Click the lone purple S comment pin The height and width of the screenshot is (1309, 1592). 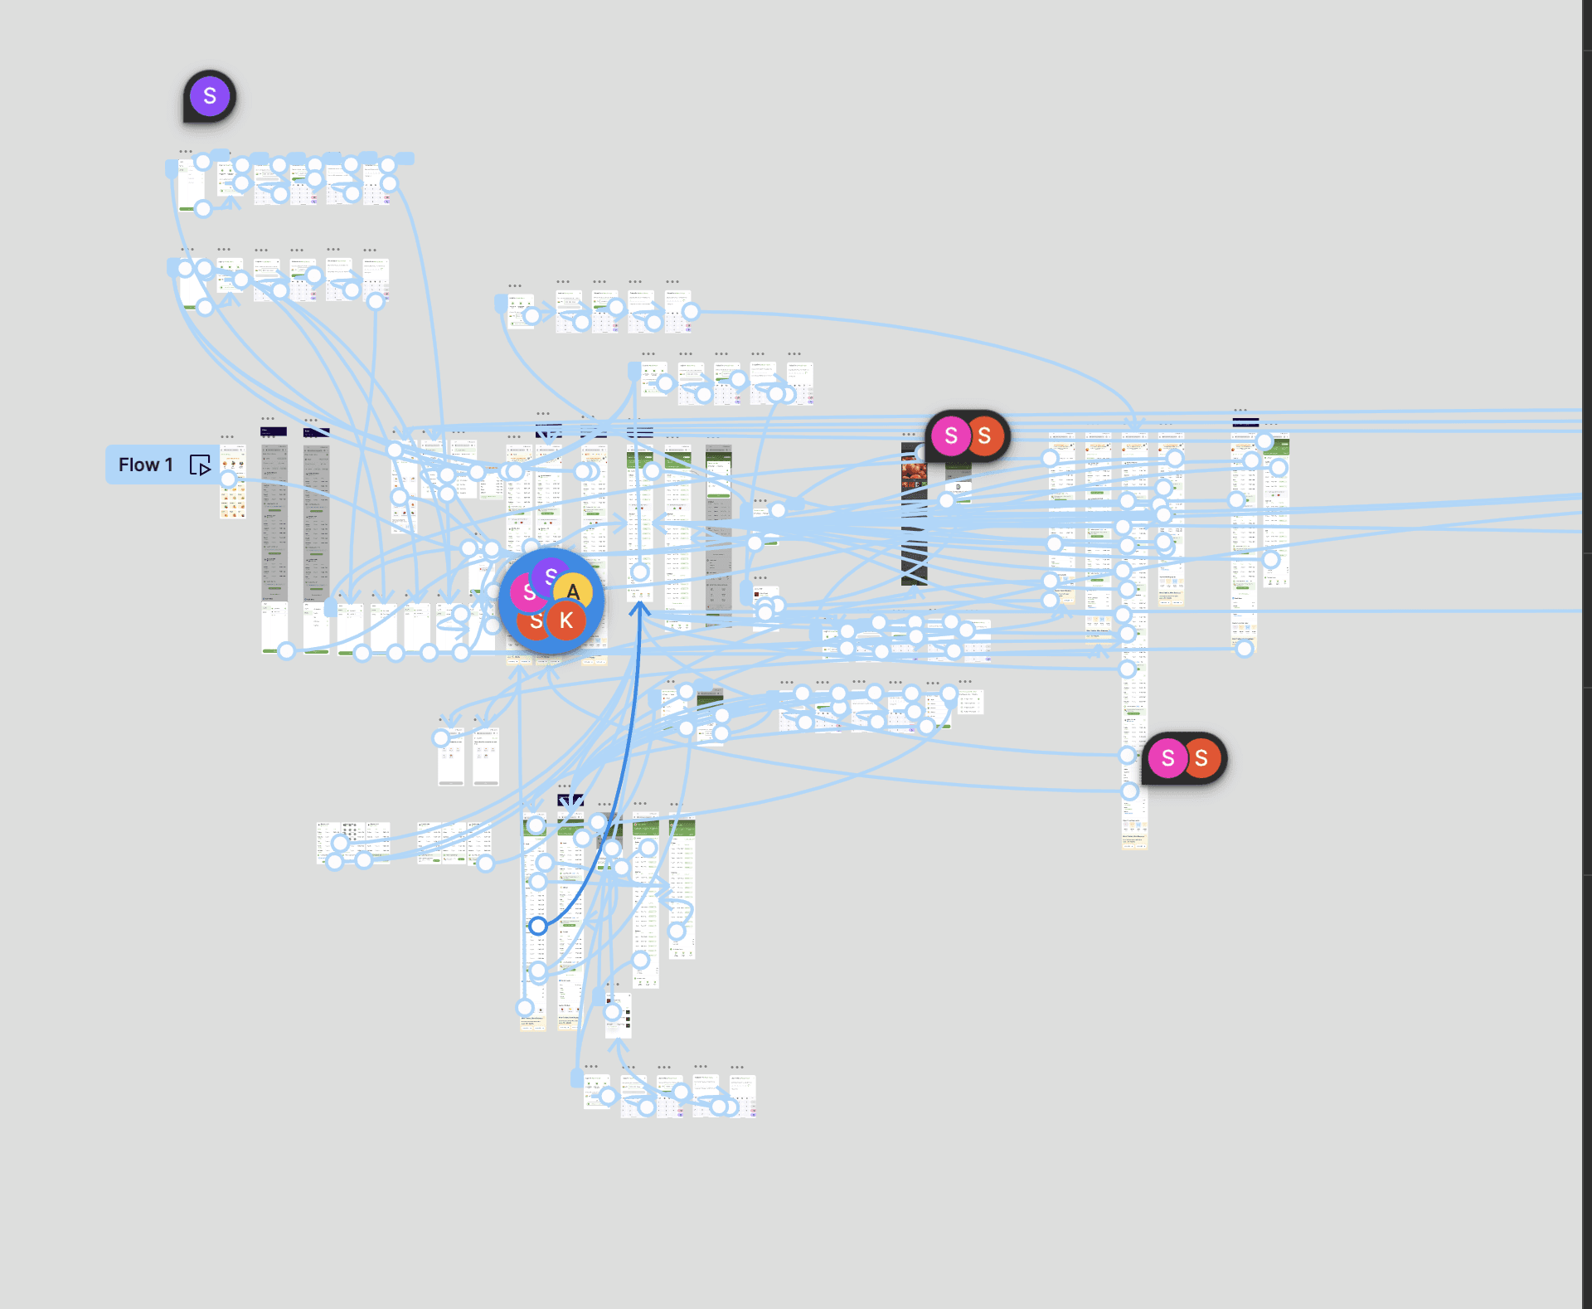(210, 96)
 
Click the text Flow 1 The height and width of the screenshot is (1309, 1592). (145, 465)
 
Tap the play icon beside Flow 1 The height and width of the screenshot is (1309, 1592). (201, 465)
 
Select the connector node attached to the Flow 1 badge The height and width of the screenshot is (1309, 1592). (228, 479)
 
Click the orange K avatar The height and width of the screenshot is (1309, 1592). (566, 620)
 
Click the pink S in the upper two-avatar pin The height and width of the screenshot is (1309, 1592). (951, 436)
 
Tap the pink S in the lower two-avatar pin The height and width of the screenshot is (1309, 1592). (1167, 757)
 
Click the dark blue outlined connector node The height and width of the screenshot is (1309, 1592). (538, 926)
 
